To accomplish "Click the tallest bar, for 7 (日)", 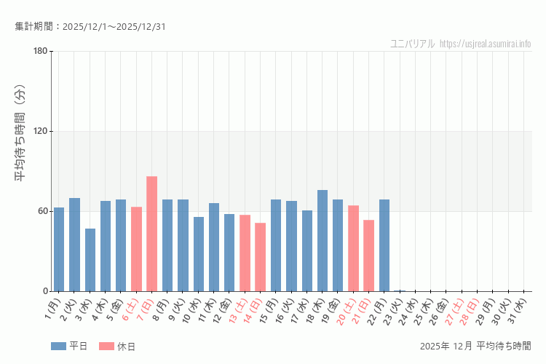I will (151, 234).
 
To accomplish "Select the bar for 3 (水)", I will (90, 260).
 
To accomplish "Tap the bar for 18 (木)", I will (322, 240).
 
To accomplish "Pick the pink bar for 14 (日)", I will (260, 257).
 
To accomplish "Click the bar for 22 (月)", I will (384, 245).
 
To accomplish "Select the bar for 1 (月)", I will (59, 249).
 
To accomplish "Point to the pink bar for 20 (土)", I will (353, 248).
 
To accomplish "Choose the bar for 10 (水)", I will (198, 254).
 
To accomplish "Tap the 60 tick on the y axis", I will (42, 211).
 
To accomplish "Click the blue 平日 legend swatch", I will (58, 346).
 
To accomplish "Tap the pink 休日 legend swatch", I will (106, 346).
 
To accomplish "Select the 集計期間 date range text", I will (90, 27).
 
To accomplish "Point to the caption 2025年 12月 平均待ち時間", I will (475, 346).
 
